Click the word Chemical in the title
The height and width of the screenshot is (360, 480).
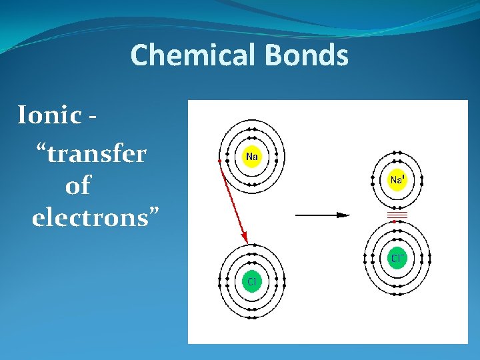pyautogui.click(x=194, y=55)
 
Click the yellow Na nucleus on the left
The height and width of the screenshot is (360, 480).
pyautogui.click(x=252, y=157)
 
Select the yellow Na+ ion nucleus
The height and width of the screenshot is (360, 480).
pyautogui.click(x=397, y=179)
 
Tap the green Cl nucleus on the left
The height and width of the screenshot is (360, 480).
pyautogui.click(x=252, y=281)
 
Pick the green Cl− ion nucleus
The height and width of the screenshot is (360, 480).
pyautogui.click(x=397, y=258)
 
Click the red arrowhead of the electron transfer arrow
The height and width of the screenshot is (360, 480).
pyautogui.click(x=245, y=238)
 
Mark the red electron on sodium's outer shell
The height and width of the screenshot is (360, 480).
pyautogui.click(x=219, y=161)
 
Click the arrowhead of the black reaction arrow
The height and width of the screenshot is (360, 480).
pyautogui.click(x=343, y=215)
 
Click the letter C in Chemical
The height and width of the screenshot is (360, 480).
pyautogui.click(x=139, y=55)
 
